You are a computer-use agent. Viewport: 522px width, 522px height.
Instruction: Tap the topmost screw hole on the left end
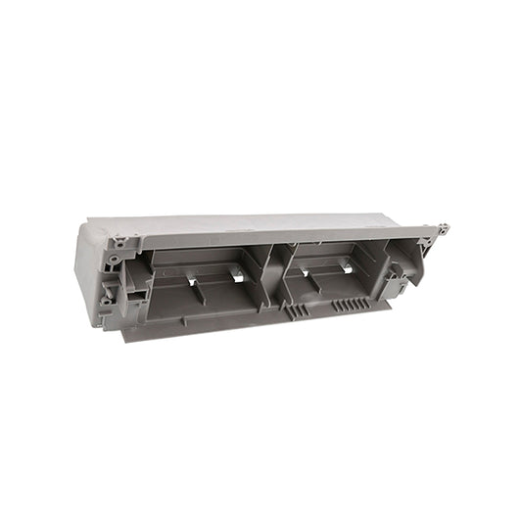119,241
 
